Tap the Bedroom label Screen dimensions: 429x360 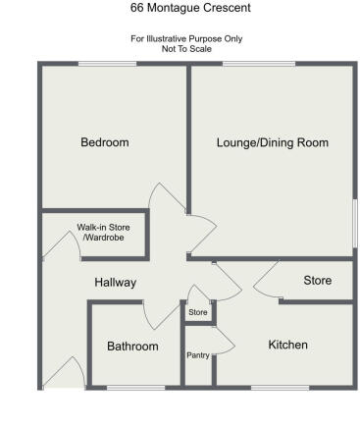104,142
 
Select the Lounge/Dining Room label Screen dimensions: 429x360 272,142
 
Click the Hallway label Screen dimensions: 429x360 115,283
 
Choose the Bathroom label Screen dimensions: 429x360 132,346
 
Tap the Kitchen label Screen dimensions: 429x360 288,345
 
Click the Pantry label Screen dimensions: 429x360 198,355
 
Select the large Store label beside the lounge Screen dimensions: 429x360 317,281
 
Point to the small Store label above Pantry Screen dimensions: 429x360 198,313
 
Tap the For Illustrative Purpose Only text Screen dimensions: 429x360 186,38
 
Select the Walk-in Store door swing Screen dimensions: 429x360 53,245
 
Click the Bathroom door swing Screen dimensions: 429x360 157,314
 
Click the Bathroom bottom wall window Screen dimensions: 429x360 135,386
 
